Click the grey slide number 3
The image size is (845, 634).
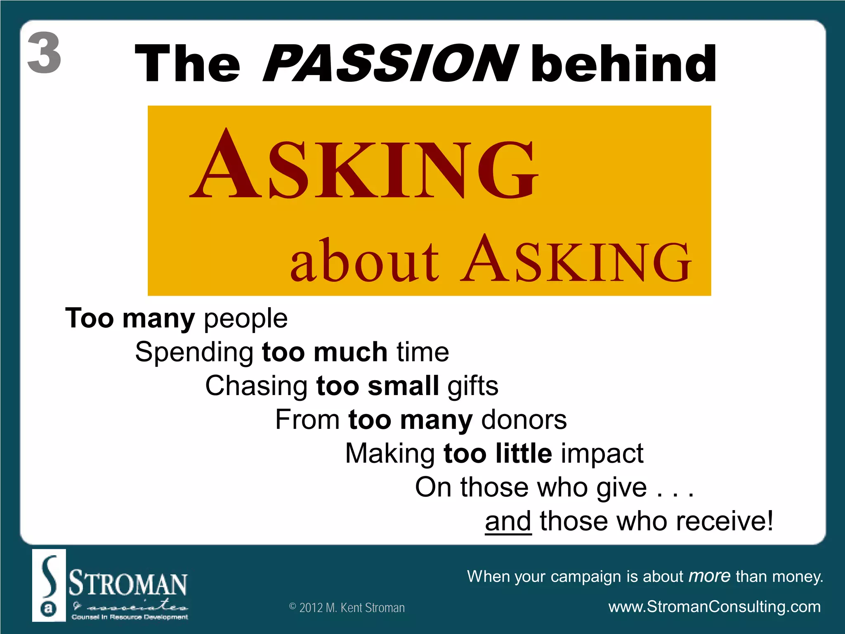[45, 53]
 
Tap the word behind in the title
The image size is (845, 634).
[624, 64]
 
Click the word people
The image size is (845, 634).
[245, 319]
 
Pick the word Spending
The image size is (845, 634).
[194, 352]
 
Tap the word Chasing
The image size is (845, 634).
[256, 386]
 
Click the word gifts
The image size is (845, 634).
[473, 386]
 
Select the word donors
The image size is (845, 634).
[524, 420]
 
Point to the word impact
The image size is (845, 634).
[602, 453]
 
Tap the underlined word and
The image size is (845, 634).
[508, 521]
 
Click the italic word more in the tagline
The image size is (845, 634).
[710, 576]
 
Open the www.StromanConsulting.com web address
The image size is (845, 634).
[714, 607]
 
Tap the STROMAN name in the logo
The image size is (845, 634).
[128, 583]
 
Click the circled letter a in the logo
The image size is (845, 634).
[49, 608]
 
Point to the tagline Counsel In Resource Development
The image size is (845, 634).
[130, 617]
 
